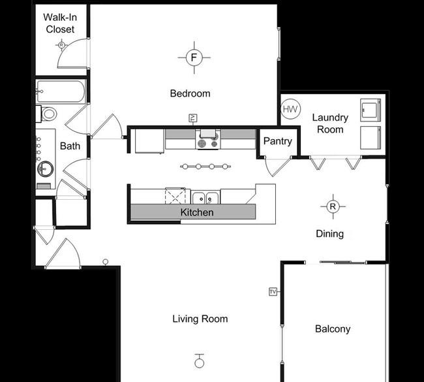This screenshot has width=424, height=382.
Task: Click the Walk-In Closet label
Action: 59,23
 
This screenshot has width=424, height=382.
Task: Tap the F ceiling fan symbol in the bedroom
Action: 193,58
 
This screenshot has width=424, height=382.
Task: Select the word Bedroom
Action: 190,93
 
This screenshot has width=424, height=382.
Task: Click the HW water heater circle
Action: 291,109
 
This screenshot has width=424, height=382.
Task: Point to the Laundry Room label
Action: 329,123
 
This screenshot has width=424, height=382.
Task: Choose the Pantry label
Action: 277,142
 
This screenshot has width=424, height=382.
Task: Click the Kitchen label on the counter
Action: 197,212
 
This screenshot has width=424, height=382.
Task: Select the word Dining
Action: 329,234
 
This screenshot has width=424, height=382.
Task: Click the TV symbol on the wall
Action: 273,291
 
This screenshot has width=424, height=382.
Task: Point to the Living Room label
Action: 200,319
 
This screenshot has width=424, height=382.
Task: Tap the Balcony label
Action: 333,329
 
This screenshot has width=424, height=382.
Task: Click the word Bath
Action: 70,146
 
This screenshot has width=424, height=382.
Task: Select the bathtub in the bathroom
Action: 61,92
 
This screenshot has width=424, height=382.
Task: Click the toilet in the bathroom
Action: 47,114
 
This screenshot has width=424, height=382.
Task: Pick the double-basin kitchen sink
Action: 205,197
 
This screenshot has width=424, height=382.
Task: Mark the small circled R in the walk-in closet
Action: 61,44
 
